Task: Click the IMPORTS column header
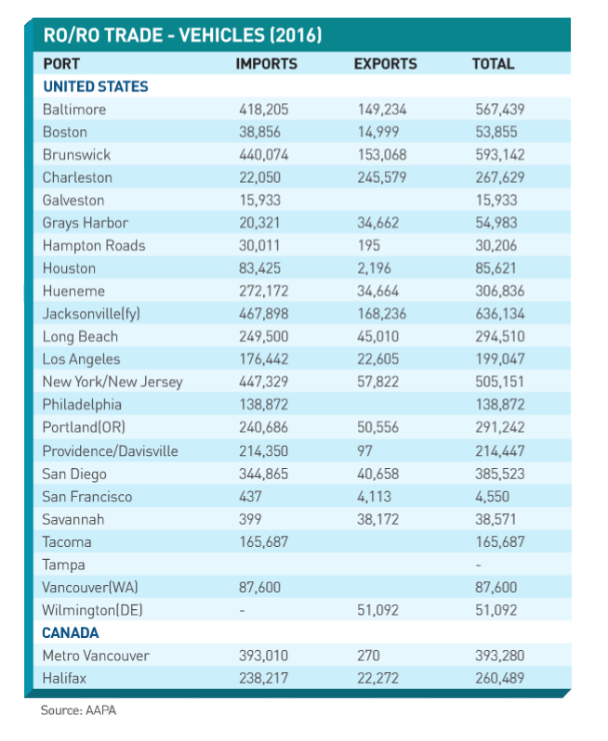click(267, 64)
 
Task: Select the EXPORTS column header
click(386, 64)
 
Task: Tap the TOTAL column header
click(493, 64)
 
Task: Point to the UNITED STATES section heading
click(96, 86)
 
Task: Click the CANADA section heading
click(71, 632)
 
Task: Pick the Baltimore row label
click(74, 110)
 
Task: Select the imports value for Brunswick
click(263, 155)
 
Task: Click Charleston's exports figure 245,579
click(382, 177)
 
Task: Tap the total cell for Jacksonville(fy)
click(500, 314)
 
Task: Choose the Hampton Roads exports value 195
click(368, 246)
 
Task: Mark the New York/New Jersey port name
click(112, 382)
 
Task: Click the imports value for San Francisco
click(250, 497)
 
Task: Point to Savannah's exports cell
click(378, 519)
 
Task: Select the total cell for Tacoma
click(500, 542)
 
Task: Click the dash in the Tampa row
click(479, 565)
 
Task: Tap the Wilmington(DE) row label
click(92, 611)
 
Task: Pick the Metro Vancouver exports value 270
click(368, 656)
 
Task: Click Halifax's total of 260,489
click(500, 679)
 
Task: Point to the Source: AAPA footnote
click(78, 710)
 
